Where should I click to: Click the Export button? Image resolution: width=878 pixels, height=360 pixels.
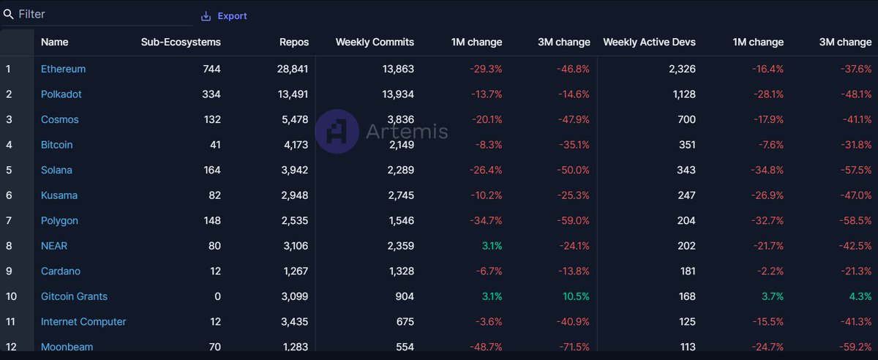pos(225,16)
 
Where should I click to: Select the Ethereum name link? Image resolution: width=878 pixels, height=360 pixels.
pos(63,69)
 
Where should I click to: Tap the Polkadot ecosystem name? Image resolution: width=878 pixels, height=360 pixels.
pos(61,94)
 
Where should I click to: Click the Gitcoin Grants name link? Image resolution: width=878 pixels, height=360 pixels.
pos(74,296)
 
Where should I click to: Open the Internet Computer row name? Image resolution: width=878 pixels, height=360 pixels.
pos(83,322)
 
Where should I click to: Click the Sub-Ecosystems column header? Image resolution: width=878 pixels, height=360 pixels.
pos(181,42)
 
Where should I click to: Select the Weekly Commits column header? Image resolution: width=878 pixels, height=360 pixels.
pos(375,42)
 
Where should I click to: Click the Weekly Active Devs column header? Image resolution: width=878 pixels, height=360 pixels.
pos(649,42)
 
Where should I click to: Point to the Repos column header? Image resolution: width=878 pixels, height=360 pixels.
pos(294,42)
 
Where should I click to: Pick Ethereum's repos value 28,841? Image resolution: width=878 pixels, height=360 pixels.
pos(293,69)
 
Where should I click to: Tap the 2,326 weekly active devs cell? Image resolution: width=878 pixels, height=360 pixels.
pos(682,69)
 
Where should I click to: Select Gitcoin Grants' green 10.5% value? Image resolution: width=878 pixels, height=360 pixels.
pos(575,296)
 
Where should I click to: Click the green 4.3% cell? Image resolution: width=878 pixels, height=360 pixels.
pos(860,296)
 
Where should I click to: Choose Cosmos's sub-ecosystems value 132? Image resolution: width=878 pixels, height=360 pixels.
pos(211,119)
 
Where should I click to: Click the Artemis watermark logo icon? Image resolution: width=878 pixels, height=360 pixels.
pos(337,131)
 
